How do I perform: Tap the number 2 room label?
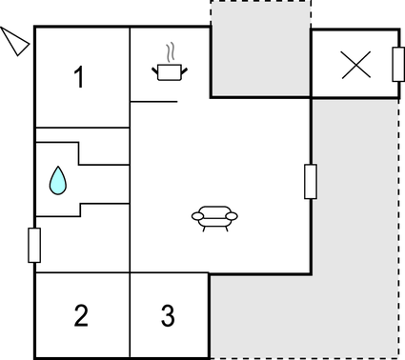click(81, 315)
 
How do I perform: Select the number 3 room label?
click(168, 315)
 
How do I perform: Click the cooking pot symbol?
click(169, 70)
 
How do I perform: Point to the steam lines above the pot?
click(170, 50)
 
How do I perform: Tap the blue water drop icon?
click(59, 179)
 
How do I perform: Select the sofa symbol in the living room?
click(215, 218)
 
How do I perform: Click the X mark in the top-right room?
click(356, 64)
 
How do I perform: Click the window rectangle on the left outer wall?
click(35, 245)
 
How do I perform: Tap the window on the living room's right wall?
click(310, 181)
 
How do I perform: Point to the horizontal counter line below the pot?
click(154, 100)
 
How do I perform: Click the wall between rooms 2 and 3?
click(131, 315)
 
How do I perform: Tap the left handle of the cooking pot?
click(155, 68)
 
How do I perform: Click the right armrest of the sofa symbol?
click(233, 217)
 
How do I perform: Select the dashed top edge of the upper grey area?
click(259, 2)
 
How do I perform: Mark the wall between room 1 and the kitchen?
click(131, 67)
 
